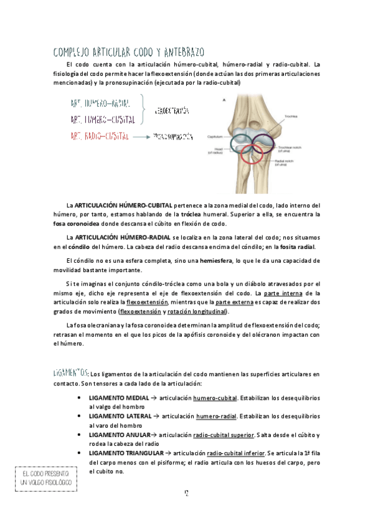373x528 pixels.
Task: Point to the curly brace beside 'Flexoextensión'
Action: click(144, 110)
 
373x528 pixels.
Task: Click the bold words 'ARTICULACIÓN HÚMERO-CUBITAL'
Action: click(123, 205)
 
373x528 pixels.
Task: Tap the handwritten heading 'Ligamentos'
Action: click(70, 373)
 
